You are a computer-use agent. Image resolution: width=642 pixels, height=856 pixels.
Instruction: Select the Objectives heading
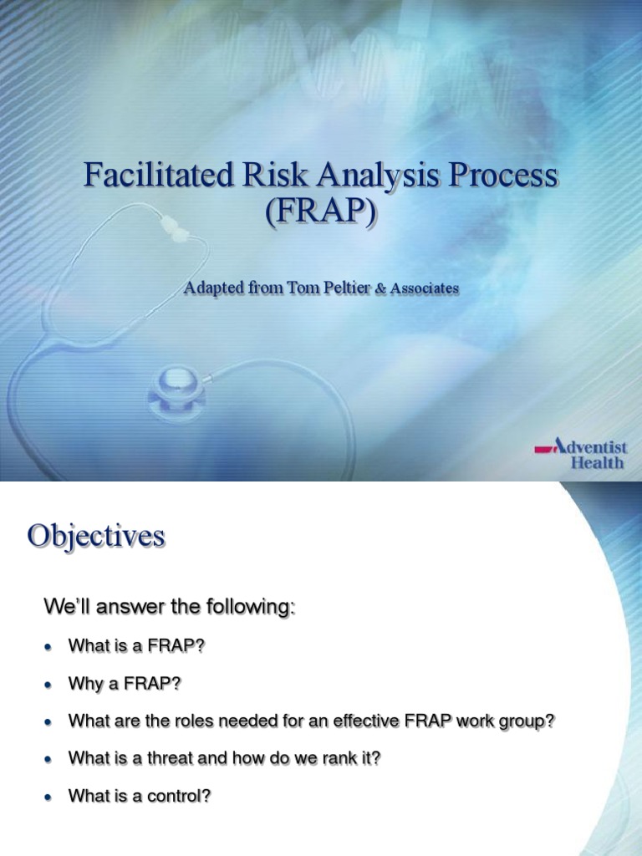tap(96, 536)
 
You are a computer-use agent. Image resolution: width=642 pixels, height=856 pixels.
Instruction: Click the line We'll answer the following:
tap(169, 608)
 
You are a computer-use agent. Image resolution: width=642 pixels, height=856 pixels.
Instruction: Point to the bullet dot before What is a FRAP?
tap(48, 647)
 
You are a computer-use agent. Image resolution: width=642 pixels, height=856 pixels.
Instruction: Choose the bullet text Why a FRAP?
tap(125, 685)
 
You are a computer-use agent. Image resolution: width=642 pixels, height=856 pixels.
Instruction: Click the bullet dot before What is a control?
tap(48, 797)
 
